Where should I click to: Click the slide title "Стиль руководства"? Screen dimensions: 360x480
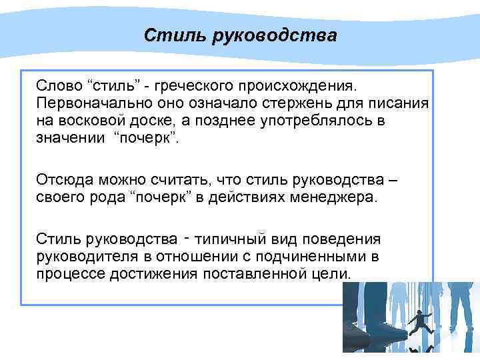tap(240, 35)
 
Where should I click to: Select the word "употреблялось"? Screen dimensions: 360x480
tap(283, 123)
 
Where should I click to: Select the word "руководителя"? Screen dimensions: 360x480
tap(83, 256)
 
